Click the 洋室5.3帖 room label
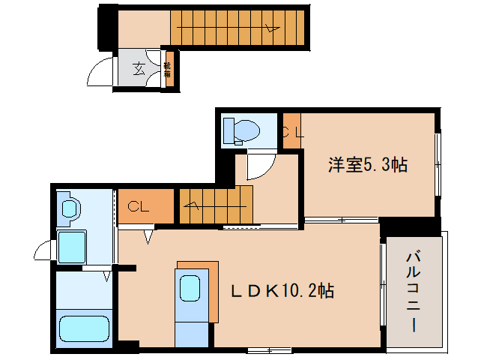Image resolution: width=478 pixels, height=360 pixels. click(367, 165)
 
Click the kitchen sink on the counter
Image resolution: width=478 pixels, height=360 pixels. click(189, 287)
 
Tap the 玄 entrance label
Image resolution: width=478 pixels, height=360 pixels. click(139, 70)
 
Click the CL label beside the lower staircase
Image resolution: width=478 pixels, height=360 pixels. click(136, 205)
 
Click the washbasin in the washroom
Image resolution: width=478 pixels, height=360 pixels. click(70, 207)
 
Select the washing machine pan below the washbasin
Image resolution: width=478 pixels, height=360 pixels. click(73, 245)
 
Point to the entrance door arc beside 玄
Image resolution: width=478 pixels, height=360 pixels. click(100, 73)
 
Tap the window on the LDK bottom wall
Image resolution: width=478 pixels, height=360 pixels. click(268, 349)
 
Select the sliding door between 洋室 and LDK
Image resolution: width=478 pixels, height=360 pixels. click(341, 220)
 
